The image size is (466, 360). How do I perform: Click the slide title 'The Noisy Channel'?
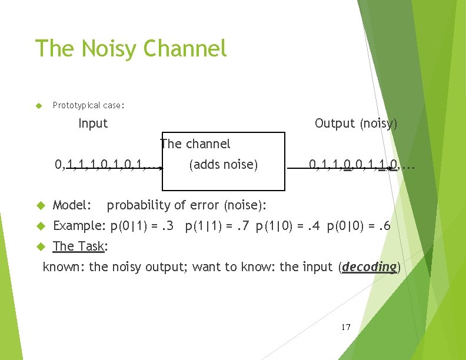point(131,48)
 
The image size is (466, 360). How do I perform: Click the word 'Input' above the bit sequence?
point(93,123)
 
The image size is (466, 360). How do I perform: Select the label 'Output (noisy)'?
point(356,123)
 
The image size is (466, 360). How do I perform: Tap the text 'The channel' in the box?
point(195,144)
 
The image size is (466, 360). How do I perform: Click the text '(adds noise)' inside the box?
point(223,165)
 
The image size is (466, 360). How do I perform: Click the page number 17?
point(345,326)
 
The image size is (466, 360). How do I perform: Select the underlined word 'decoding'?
point(369,266)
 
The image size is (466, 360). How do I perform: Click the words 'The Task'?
point(78,246)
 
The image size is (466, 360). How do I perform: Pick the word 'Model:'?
point(72,205)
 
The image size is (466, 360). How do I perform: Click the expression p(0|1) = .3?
point(142,225)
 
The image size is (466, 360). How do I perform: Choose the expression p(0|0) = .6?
point(358,225)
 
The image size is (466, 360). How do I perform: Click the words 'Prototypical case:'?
point(88,105)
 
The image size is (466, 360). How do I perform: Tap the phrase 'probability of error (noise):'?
point(187,205)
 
